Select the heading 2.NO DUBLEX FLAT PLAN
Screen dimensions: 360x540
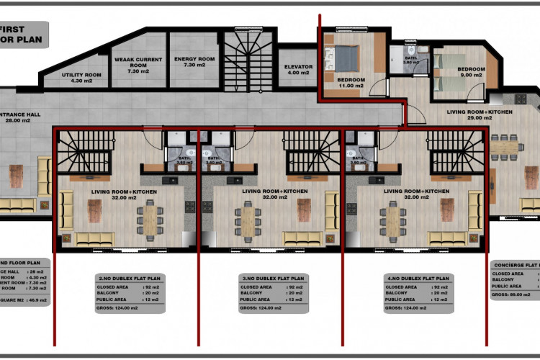[129, 277]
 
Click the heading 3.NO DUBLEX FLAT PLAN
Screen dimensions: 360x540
[273, 277]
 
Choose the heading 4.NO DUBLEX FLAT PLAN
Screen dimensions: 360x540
[417, 277]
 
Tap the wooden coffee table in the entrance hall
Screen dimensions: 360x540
[15, 176]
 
